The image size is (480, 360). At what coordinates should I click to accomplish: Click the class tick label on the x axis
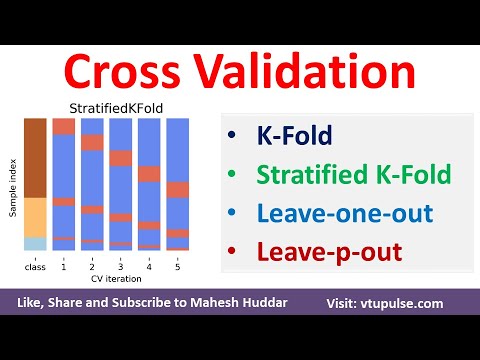tap(34, 266)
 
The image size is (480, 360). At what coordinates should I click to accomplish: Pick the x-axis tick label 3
tap(120, 266)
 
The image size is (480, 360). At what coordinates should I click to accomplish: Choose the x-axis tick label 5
tap(177, 266)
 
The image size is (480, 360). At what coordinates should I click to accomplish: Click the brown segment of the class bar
tap(34, 157)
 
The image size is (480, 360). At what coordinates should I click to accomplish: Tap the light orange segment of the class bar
tap(34, 216)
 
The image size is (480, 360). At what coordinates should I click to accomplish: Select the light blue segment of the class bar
tap(34, 243)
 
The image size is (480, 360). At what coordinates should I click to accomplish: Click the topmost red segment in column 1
tap(63, 126)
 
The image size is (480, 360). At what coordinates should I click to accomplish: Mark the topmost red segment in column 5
tap(177, 189)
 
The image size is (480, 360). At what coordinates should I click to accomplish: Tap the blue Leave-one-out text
tap(329, 214)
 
